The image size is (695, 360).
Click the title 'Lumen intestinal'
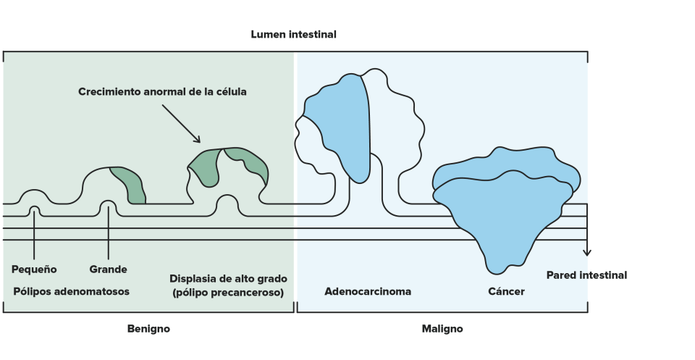(x=293, y=34)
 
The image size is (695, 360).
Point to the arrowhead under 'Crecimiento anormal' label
(x=198, y=139)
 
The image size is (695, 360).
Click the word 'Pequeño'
(x=34, y=269)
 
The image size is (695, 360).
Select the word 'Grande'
(x=108, y=269)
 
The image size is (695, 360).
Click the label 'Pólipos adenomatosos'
(x=71, y=291)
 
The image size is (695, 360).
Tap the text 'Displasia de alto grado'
(x=228, y=279)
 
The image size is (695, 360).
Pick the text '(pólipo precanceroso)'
(x=228, y=292)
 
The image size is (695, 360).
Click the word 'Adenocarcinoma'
(x=368, y=292)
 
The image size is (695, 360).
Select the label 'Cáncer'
(x=506, y=292)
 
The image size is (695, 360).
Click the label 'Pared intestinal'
(x=586, y=275)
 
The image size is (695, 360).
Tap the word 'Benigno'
(x=148, y=329)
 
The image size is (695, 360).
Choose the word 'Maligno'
(x=442, y=329)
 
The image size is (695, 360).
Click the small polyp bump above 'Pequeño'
(x=35, y=196)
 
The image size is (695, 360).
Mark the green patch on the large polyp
(x=129, y=183)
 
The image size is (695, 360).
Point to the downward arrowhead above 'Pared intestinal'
(x=587, y=252)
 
